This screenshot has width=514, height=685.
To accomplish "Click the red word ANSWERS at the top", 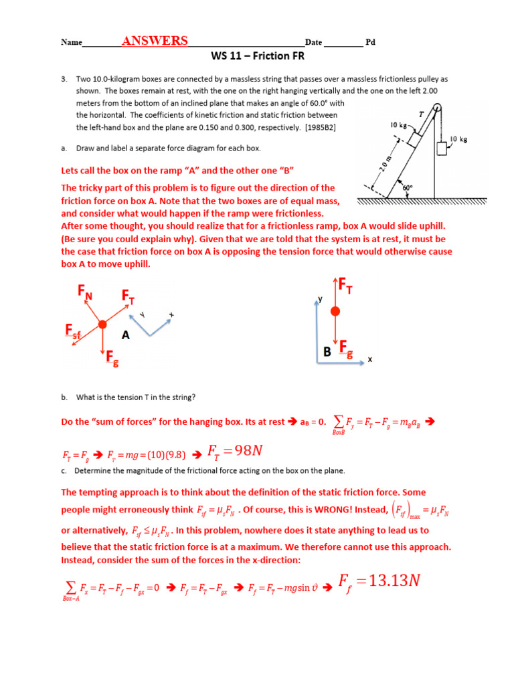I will [x=155, y=41].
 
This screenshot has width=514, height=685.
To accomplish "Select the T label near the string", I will [x=421, y=114].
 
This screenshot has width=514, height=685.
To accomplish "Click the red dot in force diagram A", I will [x=102, y=324].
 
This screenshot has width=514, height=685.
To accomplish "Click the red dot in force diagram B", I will [x=335, y=311].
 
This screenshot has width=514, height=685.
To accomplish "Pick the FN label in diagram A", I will [x=85, y=292].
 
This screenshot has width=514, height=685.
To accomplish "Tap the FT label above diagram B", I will [x=345, y=286].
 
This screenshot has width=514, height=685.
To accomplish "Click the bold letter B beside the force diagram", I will [x=327, y=351].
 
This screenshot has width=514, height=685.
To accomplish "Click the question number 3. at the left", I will [x=64, y=79].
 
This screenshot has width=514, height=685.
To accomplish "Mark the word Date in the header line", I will [x=314, y=42].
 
